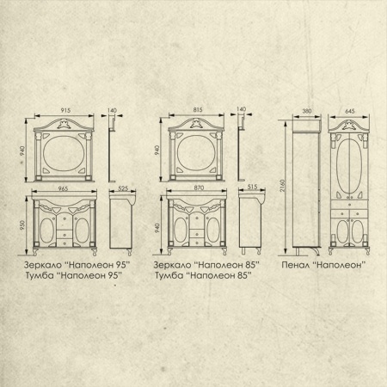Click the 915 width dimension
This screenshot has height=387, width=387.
[65, 110]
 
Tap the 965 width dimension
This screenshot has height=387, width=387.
[63, 188]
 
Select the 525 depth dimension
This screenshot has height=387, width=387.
[123, 188]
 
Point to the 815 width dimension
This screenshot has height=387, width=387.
[198, 109]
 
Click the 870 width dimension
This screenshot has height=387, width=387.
[199, 187]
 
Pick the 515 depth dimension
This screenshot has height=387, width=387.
[252, 187]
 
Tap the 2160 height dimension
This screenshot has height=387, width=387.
[282, 186]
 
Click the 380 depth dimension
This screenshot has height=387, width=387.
[307, 111]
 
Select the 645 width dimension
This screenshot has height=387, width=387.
[350, 111]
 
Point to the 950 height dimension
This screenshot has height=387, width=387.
[22, 225]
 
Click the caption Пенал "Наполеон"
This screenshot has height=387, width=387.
[323, 265]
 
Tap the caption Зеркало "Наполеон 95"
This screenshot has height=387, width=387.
[77, 265]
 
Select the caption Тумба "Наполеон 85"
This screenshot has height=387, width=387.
[203, 275]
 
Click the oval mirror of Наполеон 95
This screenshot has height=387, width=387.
[64, 153]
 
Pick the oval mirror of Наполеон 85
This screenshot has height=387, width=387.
[197, 152]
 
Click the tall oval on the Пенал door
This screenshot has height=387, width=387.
[349, 166]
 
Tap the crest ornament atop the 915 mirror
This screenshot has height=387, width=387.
[64, 124]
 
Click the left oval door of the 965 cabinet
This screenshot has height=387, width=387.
[46, 230]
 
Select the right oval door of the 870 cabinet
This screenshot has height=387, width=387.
[213, 230]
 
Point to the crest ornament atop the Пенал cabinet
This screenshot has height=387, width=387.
[349, 126]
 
